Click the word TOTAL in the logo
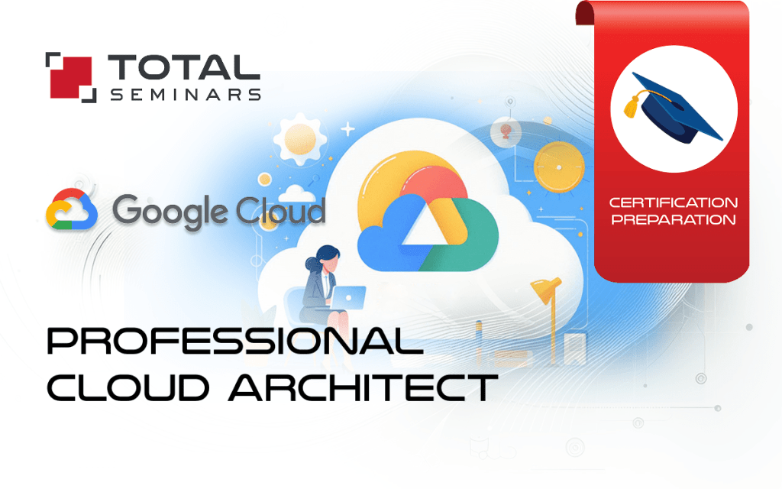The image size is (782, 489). (x=183, y=68)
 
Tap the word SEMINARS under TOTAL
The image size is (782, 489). (x=185, y=95)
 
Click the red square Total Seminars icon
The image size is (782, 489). (x=71, y=76)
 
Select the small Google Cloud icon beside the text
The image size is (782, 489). (x=72, y=209)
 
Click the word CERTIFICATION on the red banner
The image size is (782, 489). (x=673, y=203)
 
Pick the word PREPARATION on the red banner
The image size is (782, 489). (x=673, y=220)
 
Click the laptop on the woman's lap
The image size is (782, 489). (x=347, y=296)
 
